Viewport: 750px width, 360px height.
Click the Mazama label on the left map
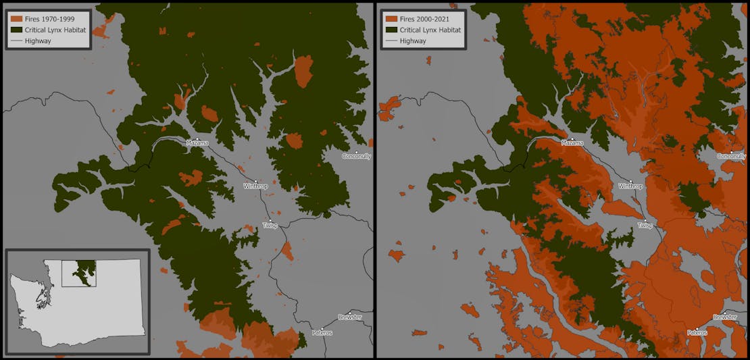coord(197,143)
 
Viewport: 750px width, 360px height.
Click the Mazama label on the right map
coord(572,143)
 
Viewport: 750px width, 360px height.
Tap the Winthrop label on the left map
coord(257,186)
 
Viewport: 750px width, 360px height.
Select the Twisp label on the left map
coord(270,225)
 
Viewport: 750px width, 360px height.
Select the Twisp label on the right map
coord(645,225)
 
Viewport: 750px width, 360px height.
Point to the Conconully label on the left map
coord(356,156)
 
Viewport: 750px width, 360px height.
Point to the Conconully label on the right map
coord(731,156)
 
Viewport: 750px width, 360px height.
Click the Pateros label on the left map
coord(322,332)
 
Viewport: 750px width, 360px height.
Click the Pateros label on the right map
coord(697,332)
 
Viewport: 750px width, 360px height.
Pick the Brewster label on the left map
coord(350,317)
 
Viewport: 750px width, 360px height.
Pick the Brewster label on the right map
coord(725,317)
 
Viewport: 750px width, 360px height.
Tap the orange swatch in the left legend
coord(16,19)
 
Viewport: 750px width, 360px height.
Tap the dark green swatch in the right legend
coord(391,30)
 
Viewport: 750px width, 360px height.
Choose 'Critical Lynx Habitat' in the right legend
coord(430,30)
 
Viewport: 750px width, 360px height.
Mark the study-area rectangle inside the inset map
coord(79,273)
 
